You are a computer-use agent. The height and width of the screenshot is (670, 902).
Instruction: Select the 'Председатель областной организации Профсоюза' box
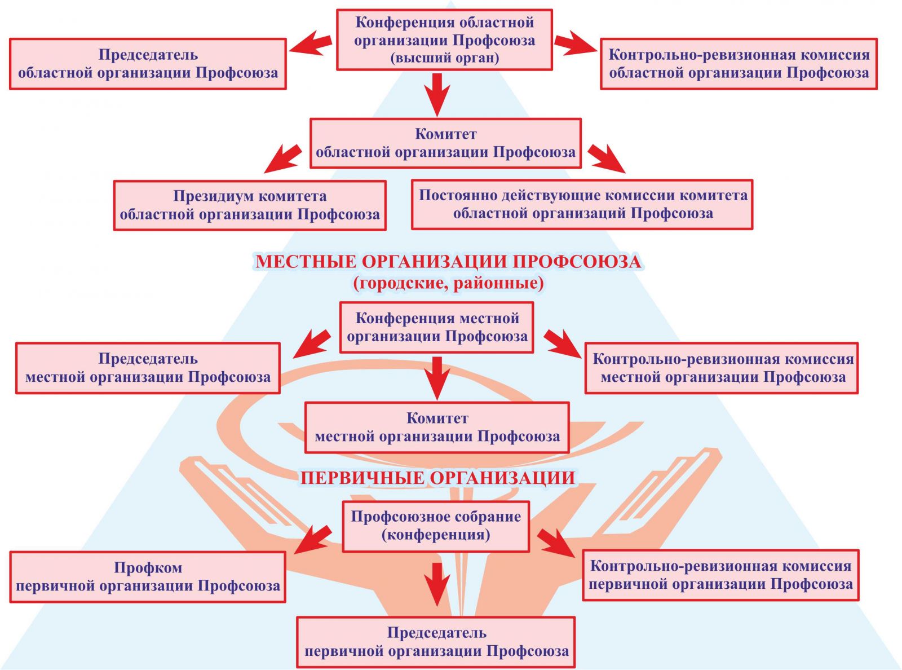pos(148,64)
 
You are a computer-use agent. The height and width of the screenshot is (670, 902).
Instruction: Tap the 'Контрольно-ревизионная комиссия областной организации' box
pos(739,64)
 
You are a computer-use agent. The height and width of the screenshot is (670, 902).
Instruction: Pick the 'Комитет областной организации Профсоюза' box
pos(445,143)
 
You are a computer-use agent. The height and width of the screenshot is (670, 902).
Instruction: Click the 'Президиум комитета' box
pos(250,205)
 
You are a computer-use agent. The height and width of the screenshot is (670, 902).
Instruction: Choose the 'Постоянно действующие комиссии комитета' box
pos(582,204)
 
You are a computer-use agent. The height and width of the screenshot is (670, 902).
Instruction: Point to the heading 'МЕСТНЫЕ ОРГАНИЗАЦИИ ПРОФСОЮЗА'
pos(448,262)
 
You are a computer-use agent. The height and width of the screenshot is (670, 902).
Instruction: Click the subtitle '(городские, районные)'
pos(448,283)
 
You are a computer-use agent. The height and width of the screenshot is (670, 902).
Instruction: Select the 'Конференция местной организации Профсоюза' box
pos(437,327)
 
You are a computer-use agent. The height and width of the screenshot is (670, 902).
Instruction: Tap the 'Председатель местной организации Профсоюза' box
pos(148,368)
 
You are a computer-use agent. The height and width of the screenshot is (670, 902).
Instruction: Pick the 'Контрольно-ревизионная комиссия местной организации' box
pos(722,368)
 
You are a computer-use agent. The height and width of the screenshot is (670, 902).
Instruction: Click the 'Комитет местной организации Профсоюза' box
pos(437,427)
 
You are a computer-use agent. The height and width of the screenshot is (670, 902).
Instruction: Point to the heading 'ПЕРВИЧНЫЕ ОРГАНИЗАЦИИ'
pos(437,478)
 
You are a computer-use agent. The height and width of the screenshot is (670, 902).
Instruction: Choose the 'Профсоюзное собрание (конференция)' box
pos(436,526)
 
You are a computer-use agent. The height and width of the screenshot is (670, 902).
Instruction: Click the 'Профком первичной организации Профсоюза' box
pos(148,576)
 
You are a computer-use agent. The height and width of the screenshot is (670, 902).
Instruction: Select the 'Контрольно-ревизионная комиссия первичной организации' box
pos(720,575)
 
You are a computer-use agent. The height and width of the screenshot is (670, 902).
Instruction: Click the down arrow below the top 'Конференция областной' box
pos(437,94)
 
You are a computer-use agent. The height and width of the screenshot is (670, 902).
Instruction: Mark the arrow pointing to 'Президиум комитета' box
pos(283,158)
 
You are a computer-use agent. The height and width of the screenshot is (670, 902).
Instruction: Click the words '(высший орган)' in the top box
pos(444,58)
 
